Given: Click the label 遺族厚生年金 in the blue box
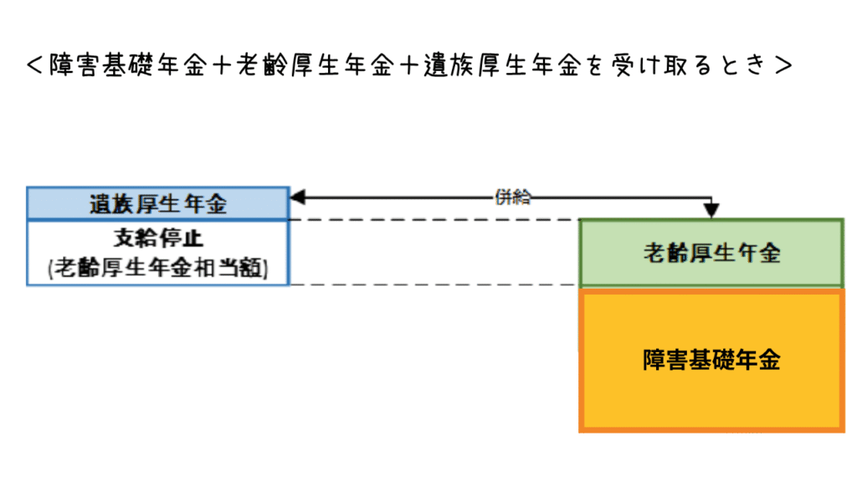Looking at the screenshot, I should (x=158, y=203).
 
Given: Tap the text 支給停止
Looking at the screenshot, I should (x=158, y=238).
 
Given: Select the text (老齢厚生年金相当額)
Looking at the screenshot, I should (x=158, y=268).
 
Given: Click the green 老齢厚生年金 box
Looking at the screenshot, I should (x=711, y=252).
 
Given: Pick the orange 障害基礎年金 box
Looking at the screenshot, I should (x=711, y=360).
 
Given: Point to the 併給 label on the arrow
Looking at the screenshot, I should (x=512, y=197).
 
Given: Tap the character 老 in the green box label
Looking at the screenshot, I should (x=654, y=252).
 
